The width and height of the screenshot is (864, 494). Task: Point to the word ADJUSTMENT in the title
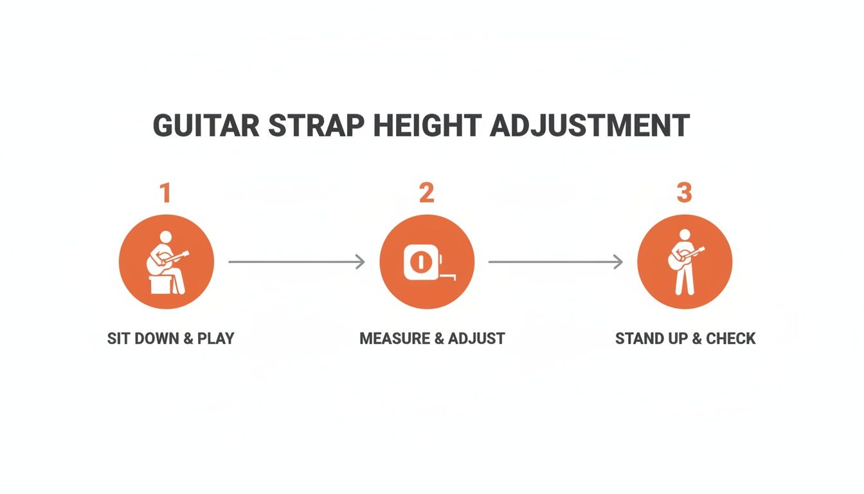point(589,126)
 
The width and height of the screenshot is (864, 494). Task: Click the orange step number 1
point(166,193)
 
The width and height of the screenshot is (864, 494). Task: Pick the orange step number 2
point(427,193)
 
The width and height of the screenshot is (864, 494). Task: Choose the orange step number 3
point(683,193)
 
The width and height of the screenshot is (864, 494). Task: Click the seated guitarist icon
point(166,262)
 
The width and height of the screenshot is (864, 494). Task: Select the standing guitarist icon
point(684,262)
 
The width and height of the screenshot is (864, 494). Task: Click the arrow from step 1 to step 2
point(296,262)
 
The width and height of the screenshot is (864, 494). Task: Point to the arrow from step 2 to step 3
point(555,262)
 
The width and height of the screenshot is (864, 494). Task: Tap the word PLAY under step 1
point(215,338)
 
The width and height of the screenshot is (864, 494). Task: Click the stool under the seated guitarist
point(159,285)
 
